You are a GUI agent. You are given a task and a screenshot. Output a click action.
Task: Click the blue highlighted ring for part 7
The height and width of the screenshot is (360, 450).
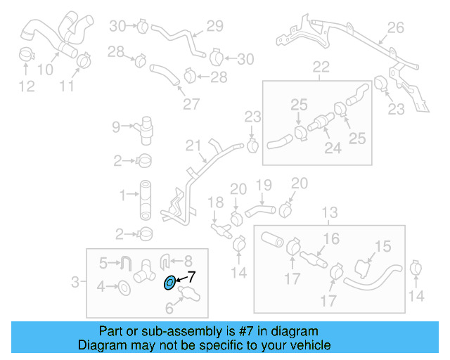click(169, 283)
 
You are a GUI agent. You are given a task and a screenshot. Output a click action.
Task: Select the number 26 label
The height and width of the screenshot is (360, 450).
click(396, 28)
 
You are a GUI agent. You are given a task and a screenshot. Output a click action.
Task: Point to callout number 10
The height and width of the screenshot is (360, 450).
click(44, 69)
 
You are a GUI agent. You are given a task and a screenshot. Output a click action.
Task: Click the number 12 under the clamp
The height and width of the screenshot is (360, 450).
click(26, 86)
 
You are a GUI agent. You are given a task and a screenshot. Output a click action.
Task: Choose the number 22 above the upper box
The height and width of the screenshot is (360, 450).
click(321, 67)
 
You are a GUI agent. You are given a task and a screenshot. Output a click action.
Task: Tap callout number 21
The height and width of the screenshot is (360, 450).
click(193, 146)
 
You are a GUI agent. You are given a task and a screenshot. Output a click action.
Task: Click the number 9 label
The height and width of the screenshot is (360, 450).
click(117, 127)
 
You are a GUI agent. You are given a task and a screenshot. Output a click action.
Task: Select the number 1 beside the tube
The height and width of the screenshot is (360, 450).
click(122, 194)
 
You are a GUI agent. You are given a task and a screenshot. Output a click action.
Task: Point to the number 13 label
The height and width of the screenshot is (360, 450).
click(329, 212)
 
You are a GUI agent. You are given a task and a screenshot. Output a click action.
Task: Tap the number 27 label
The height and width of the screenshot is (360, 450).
click(191, 104)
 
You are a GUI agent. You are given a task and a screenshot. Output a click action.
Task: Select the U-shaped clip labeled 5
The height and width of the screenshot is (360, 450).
click(127, 264)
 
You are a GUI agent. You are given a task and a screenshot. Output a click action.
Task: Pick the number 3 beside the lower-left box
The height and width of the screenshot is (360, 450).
click(76, 283)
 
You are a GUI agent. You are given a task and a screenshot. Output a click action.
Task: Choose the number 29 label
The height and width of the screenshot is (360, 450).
click(214, 27)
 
